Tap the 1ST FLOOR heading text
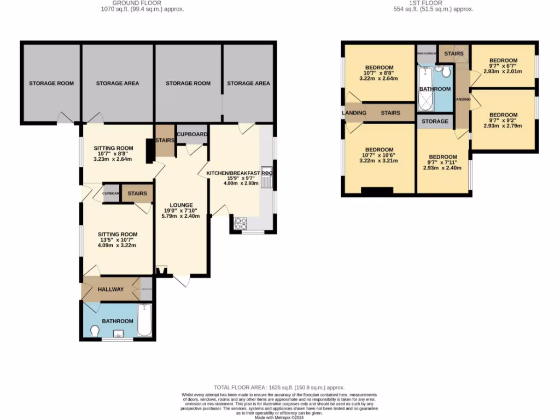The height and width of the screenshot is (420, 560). [x=433, y=3]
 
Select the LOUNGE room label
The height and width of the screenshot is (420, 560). [x=181, y=205]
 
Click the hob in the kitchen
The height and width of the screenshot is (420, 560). [x=241, y=223]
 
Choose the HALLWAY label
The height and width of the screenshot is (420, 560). [x=110, y=289]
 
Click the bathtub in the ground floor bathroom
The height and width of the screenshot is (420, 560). [x=144, y=320]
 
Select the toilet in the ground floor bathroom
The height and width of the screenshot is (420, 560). [x=94, y=331]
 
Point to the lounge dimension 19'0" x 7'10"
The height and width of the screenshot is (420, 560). [x=181, y=211]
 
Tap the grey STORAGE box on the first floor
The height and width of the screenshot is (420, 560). [x=435, y=121]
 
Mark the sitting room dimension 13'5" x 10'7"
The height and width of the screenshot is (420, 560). [x=116, y=240]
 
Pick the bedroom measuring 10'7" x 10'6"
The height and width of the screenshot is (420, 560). [x=378, y=155]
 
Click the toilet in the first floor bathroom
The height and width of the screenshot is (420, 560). [x=446, y=72]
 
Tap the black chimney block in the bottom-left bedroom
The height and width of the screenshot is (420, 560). [x=377, y=191]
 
